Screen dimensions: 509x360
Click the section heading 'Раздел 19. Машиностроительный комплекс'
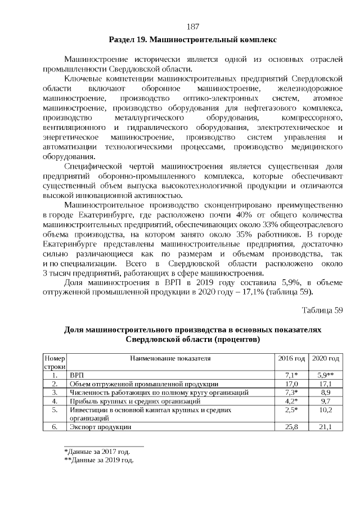(192, 40)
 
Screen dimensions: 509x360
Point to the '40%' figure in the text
(235, 216)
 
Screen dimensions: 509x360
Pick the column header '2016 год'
(291, 358)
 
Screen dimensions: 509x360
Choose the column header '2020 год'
(326, 358)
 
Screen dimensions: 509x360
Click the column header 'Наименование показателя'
(170, 358)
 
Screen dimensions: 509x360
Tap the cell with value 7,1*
(291, 374)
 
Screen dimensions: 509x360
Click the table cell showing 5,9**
(326, 374)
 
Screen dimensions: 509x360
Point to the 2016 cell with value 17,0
(291, 383)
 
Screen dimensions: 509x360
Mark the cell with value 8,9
(326, 392)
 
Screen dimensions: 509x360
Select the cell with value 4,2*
(291, 401)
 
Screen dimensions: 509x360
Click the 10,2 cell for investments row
(326, 410)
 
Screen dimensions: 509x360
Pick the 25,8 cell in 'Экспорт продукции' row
(291, 427)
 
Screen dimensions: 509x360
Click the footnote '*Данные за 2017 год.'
(97, 451)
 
